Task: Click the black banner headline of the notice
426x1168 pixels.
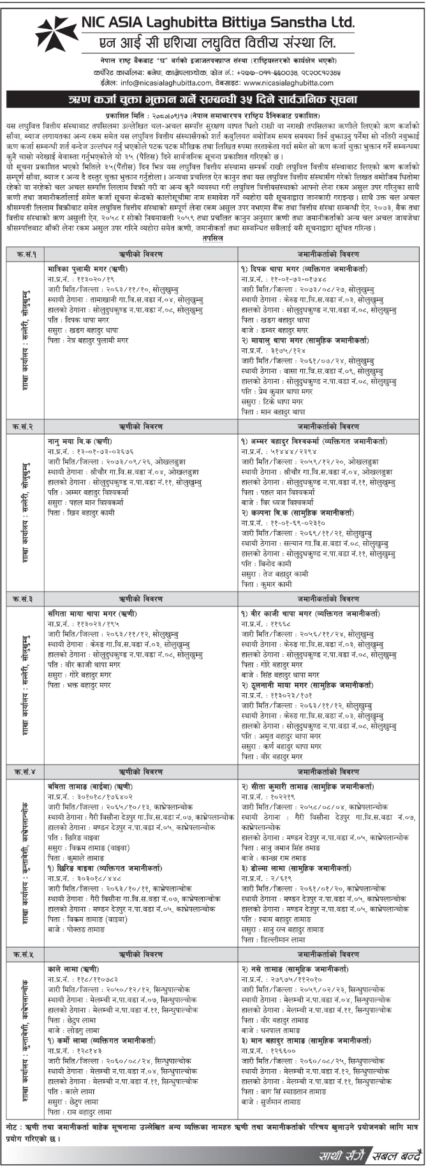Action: tap(212, 101)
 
